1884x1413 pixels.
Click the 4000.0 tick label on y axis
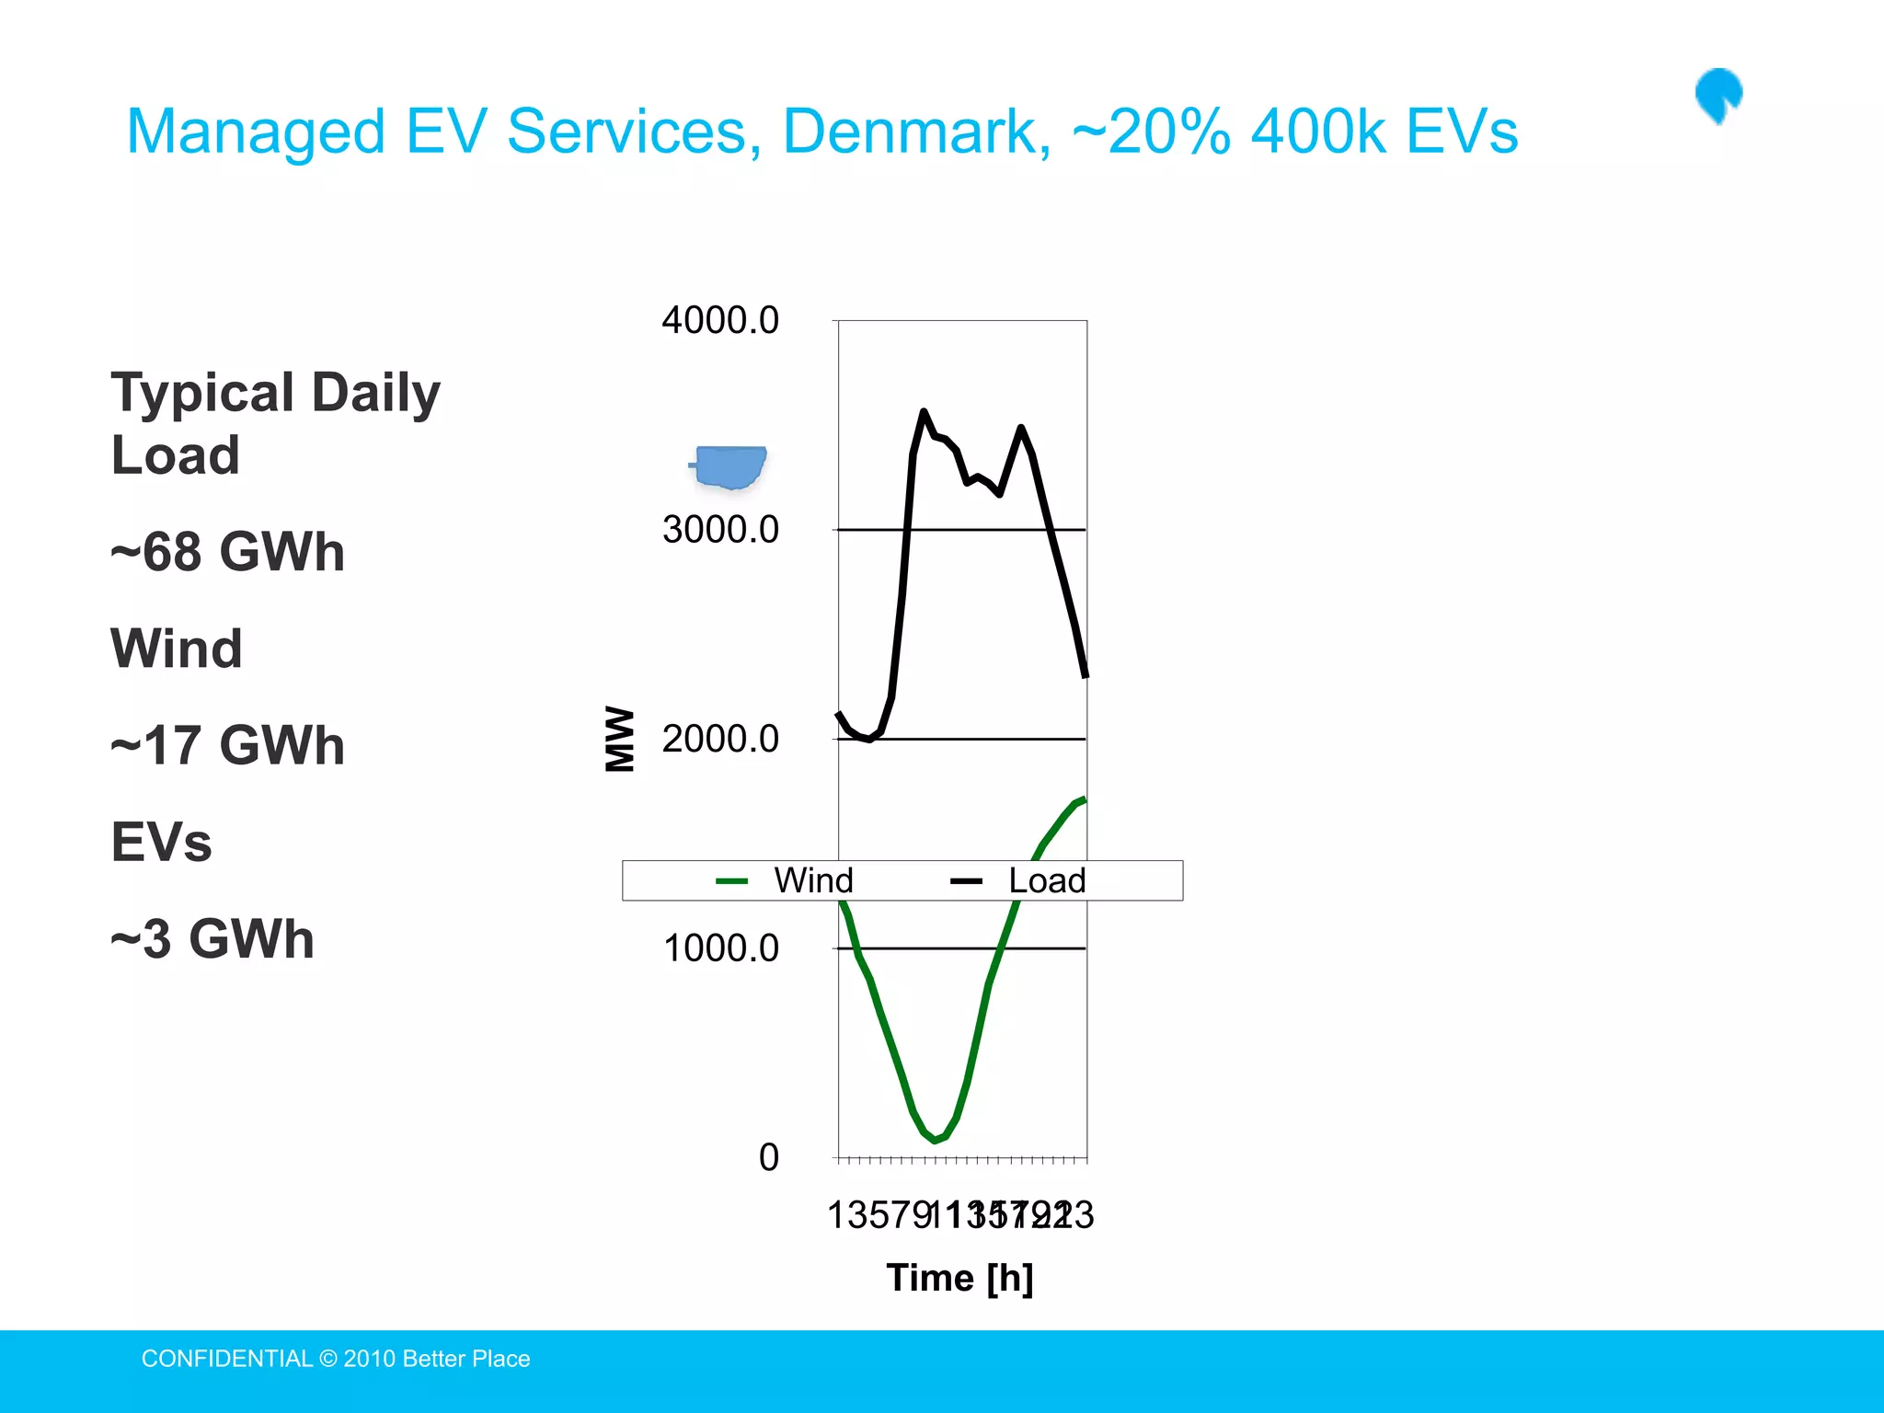pos(719,320)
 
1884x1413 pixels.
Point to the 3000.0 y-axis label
pos(719,529)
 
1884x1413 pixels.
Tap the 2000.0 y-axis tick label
pos(719,739)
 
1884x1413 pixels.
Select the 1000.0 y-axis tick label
pos(719,948)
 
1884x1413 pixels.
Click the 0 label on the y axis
pos(768,1157)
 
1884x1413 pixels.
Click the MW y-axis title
pos(620,739)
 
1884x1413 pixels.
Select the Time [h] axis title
pos(959,1278)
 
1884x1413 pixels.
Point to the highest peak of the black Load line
pos(923,412)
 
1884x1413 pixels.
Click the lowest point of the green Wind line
pos(935,1141)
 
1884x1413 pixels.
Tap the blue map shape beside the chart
pos(730,466)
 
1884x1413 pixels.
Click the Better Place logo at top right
pos(1718,95)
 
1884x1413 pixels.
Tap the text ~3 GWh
pos(213,938)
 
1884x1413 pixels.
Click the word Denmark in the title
pos(916,132)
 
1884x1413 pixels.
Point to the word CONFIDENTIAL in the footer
pos(226,1359)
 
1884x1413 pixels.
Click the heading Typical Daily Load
pos(275,422)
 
